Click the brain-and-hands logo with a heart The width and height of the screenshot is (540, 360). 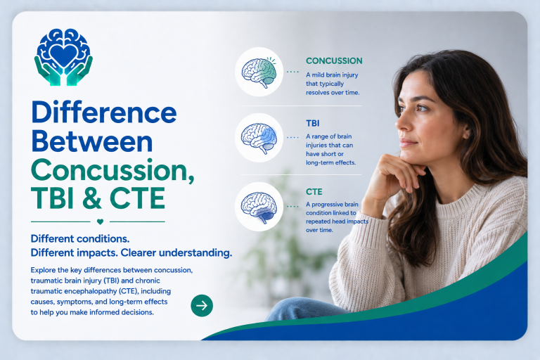click(63, 57)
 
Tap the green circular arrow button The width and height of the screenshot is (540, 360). click(202, 306)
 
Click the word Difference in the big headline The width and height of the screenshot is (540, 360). click(103, 112)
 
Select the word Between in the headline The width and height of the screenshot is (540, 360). click(92, 141)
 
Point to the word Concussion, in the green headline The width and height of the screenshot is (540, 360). click(112, 171)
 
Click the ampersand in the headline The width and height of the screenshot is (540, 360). click(92, 198)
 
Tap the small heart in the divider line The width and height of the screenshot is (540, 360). click(100, 222)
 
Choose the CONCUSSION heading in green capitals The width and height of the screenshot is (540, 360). click(334, 61)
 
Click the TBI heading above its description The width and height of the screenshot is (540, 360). click(313, 123)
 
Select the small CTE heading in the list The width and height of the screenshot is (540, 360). click(314, 192)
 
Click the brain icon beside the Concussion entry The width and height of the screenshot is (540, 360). click(259, 72)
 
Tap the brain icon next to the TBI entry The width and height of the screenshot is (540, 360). click(259, 138)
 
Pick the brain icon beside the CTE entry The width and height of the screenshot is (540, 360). click(259, 207)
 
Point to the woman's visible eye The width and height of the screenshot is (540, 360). click(422, 108)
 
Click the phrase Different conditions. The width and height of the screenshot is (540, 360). click(80, 239)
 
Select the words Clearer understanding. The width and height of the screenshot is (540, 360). click(176, 253)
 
